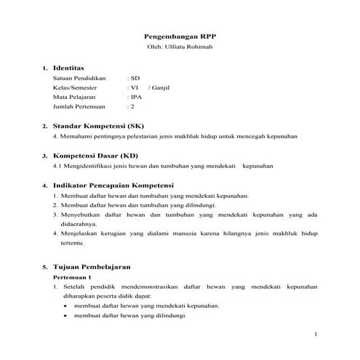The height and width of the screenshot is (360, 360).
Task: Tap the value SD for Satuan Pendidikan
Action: tap(135, 77)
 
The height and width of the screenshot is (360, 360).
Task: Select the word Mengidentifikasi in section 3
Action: tap(88, 166)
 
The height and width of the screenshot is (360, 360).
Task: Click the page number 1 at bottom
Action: tap(316, 334)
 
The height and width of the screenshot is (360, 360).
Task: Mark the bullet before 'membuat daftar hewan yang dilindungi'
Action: tap(65, 316)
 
